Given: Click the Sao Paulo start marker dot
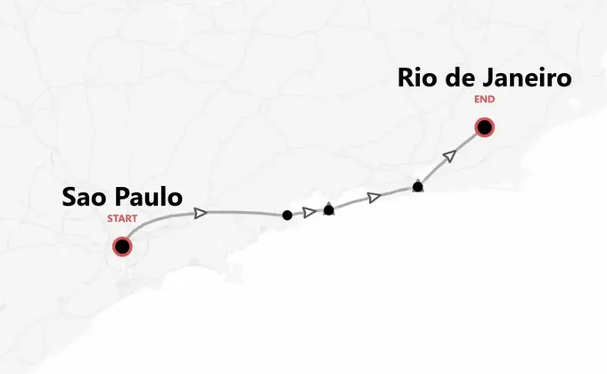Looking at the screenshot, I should (122, 246).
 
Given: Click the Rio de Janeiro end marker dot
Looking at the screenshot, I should (484, 128).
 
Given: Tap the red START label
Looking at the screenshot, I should (122, 218).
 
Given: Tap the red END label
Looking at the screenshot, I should (484, 100).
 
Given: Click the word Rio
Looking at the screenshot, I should (418, 78).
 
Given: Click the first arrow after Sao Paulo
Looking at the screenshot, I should (201, 212).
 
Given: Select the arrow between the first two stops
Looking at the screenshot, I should (309, 212).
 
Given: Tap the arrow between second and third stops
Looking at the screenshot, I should (375, 197).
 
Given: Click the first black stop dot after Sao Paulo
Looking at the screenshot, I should (286, 215).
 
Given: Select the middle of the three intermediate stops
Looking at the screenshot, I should (329, 210).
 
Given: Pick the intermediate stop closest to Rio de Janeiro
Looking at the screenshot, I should (418, 187).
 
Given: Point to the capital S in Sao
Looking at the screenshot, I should (70, 198).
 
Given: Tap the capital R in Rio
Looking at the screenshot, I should (407, 78).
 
